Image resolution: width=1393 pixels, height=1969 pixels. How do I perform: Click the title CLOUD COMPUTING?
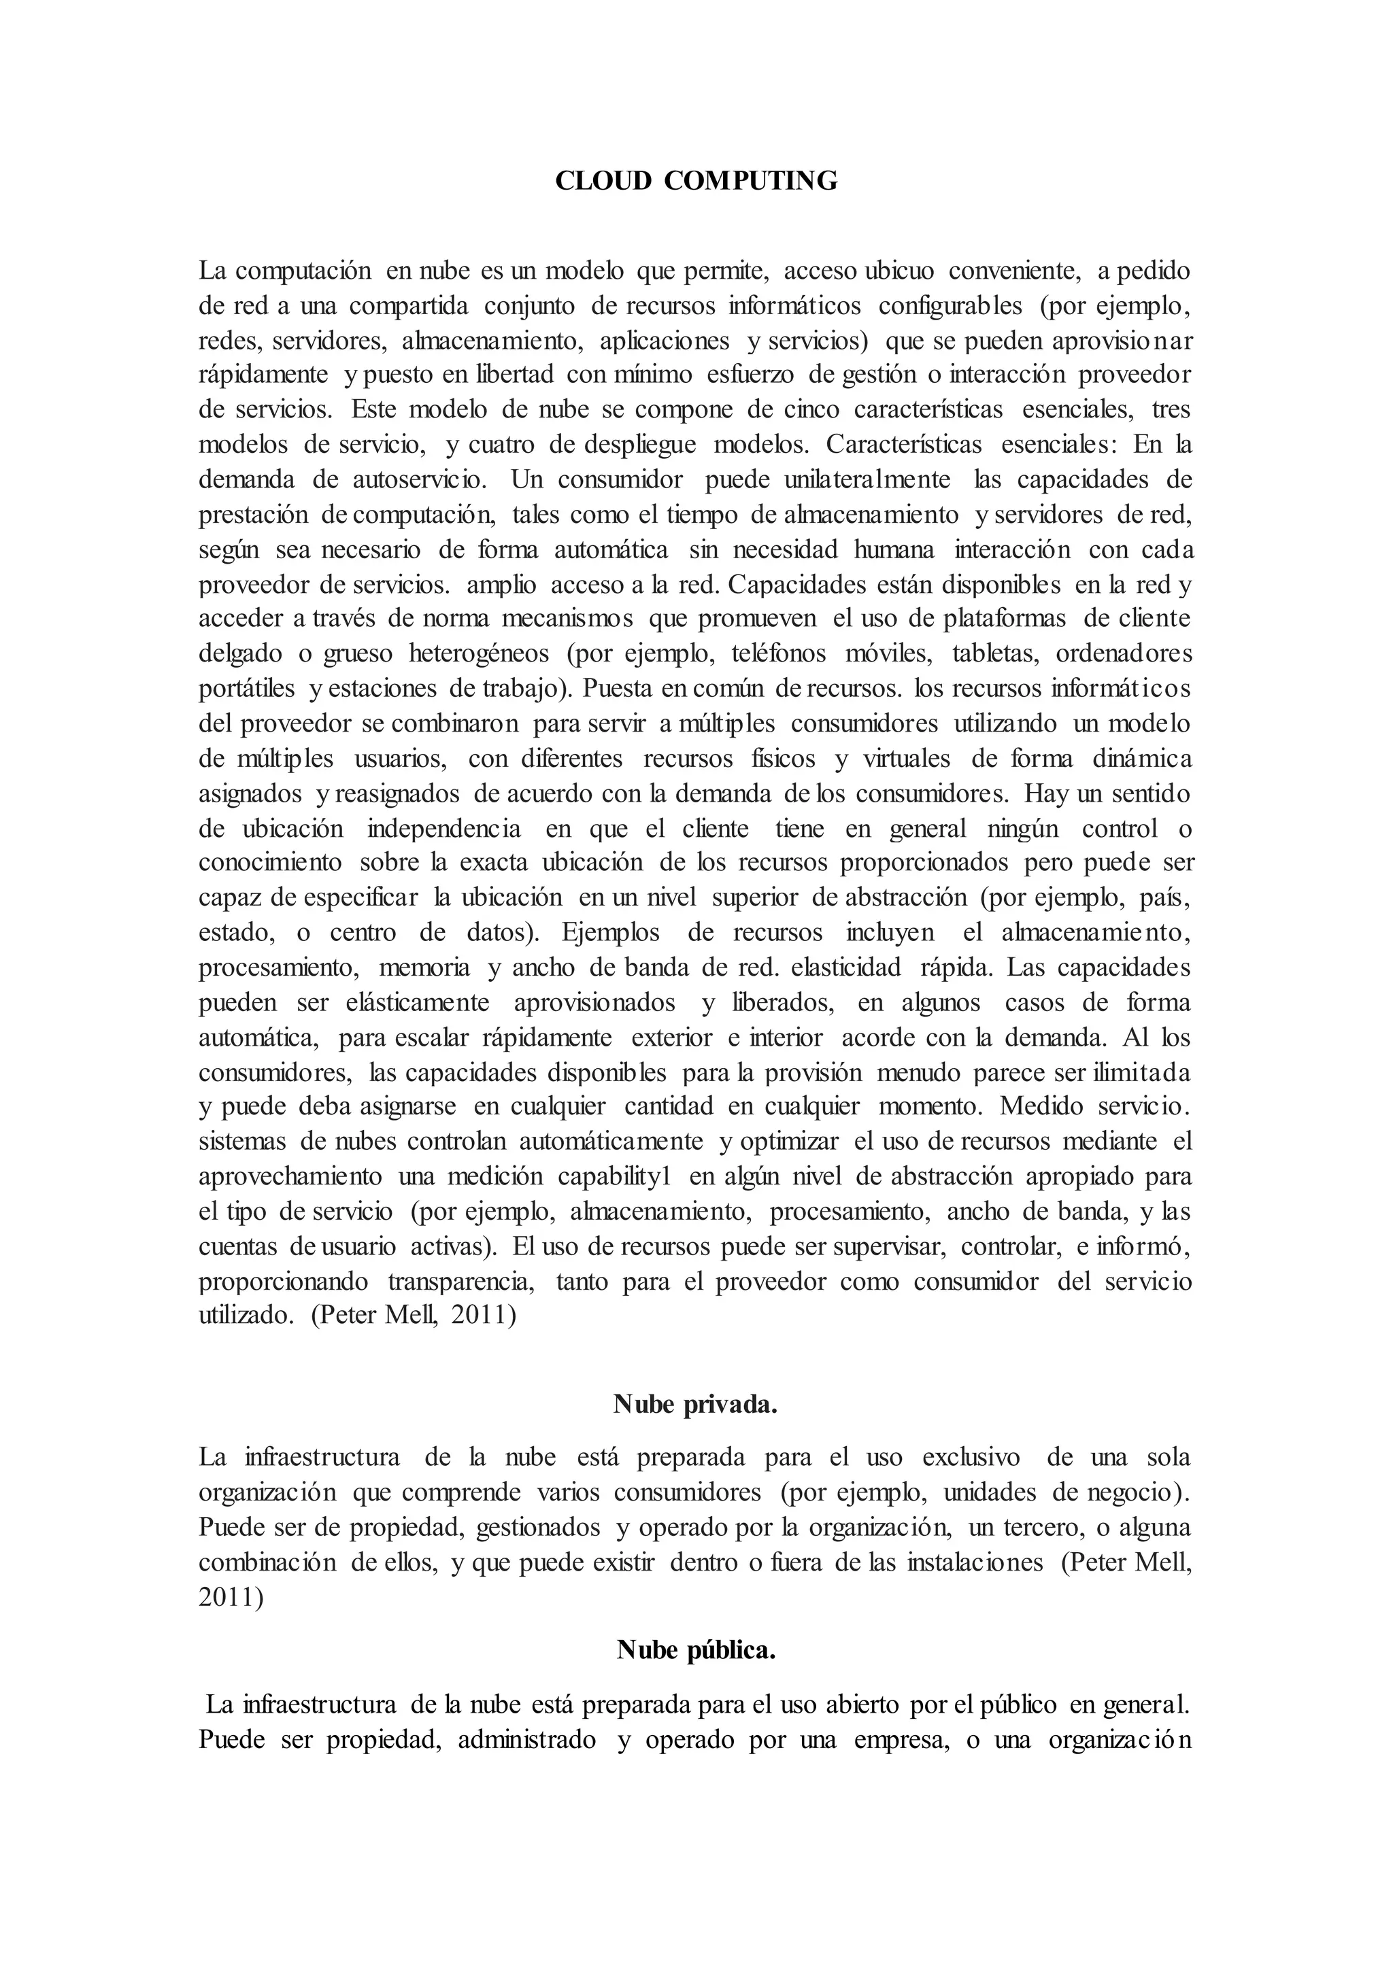click(696, 181)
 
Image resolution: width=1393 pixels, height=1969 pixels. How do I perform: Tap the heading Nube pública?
click(696, 1650)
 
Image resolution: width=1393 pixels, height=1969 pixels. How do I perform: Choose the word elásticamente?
click(418, 1002)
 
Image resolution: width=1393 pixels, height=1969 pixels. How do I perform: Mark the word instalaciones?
click(975, 1562)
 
